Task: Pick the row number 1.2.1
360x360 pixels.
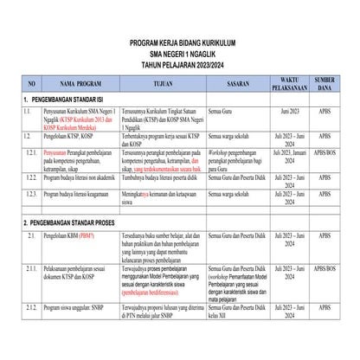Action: (x=32, y=151)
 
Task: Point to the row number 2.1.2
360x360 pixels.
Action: (x=32, y=332)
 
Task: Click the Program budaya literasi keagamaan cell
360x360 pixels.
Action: (x=83, y=196)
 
